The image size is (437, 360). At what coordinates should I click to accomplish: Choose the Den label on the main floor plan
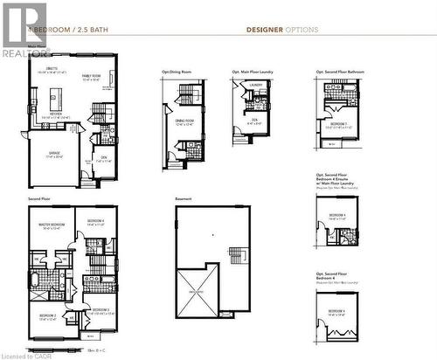pyautogui.click(x=102, y=157)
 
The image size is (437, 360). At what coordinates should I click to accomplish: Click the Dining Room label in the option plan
pyautogui.click(x=184, y=121)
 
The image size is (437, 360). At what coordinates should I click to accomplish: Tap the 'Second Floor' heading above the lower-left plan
pyautogui.click(x=39, y=198)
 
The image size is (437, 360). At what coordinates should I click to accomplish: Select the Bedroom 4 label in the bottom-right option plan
pyautogui.click(x=336, y=312)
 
